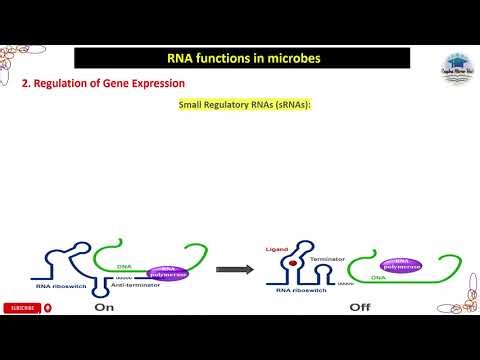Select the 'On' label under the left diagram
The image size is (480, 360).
pyautogui.click(x=105, y=308)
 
